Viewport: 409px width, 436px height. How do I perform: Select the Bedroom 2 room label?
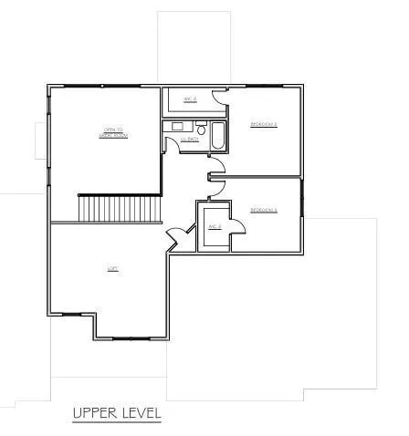coord(264,124)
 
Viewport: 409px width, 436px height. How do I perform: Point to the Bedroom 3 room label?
coord(264,211)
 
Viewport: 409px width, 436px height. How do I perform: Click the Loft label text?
coord(113,268)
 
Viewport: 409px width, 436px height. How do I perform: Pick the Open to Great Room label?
coord(113,134)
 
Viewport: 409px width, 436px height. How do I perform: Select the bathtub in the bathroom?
coord(218,137)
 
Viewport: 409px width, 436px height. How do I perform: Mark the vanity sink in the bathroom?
coord(176,126)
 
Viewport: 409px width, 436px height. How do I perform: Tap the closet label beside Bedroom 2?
coord(191,99)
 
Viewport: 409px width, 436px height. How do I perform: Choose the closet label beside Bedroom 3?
coord(215,226)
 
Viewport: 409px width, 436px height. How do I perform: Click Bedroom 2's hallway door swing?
coord(217,163)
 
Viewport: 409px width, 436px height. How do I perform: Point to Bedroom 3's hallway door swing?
coord(216,186)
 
